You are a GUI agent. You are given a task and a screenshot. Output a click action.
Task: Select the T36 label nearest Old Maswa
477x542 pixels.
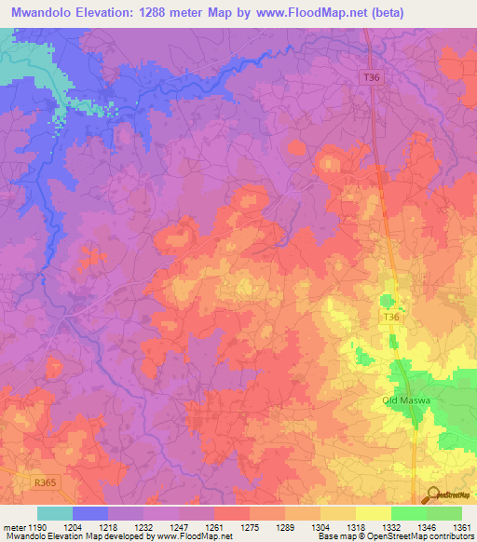(x=392, y=318)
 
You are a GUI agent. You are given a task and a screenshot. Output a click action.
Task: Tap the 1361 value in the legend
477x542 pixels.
(x=460, y=528)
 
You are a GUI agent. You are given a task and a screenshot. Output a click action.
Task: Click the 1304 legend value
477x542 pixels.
(x=320, y=528)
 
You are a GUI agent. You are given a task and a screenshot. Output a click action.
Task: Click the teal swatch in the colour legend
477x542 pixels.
(x=55, y=513)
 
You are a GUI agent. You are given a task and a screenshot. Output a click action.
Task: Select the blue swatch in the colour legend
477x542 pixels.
(x=90, y=513)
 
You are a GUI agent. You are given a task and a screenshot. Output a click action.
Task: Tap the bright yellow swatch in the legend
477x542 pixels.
(x=373, y=513)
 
